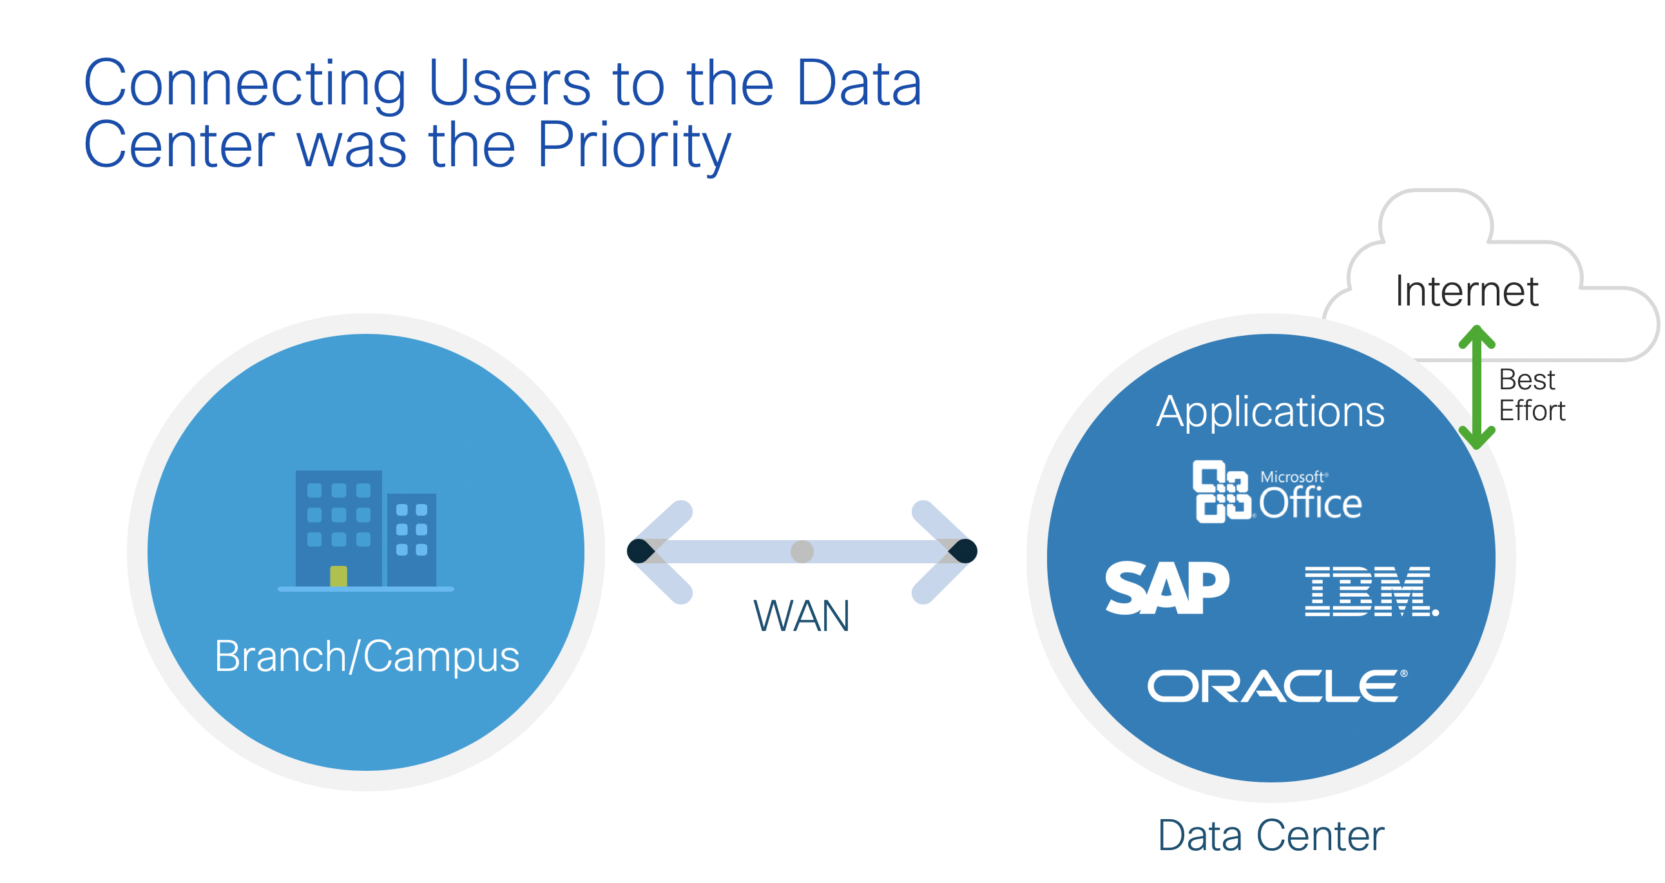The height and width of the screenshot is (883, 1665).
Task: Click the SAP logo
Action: click(1168, 588)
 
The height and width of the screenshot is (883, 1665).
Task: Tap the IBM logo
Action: click(1372, 592)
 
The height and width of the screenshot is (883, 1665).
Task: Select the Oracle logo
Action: click(1277, 686)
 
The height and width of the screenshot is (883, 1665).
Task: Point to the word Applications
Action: click(1270, 412)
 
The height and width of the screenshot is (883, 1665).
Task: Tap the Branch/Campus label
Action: click(367, 656)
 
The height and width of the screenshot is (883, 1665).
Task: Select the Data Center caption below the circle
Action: click(1271, 835)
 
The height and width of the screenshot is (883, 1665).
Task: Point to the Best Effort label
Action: click(1532, 395)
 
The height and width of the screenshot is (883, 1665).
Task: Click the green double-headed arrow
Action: click(1477, 387)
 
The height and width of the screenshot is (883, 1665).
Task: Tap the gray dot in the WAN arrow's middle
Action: click(802, 551)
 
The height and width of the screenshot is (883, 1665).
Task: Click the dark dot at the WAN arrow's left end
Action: click(640, 551)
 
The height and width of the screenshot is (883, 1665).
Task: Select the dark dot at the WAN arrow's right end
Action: click(963, 551)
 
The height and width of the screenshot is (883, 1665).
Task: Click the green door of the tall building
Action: click(339, 577)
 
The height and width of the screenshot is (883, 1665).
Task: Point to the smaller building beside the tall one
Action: click(412, 539)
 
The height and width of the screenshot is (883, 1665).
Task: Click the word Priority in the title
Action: click(633, 146)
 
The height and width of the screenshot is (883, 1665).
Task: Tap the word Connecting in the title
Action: click(245, 83)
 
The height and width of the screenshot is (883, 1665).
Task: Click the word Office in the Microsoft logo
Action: click(1310, 503)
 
